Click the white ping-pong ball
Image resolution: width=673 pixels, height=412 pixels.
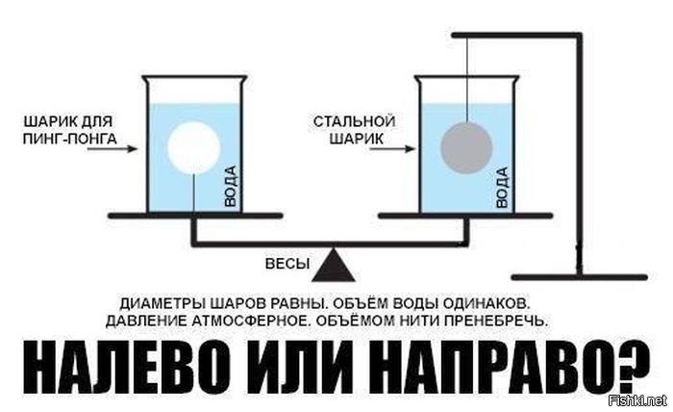click(x=193, y=147)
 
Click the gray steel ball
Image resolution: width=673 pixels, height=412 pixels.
click(x=466, y=148)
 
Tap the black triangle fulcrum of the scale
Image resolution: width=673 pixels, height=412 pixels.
click(x=334, y=265)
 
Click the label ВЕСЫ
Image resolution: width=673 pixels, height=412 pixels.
click(x=287, y=264)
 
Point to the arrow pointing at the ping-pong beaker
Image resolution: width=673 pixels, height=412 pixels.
click(x=112, y=149)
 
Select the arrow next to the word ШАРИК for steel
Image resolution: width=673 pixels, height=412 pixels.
click(x=392, y=149)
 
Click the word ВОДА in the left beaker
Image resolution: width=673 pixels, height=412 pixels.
click(x=231, y=187)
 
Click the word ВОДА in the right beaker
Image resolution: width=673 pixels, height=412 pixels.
click(x=502, y=188)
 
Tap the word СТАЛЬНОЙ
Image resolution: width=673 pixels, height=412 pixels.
click(x=354, y=121)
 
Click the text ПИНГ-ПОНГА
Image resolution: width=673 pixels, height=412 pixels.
click(x=69, y=140)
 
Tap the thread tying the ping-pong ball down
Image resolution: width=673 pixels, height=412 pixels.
click(x=194, y=193)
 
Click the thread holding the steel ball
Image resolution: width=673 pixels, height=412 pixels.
click(x=467, y=79)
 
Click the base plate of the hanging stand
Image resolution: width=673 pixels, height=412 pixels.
click(x=580, y=277)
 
